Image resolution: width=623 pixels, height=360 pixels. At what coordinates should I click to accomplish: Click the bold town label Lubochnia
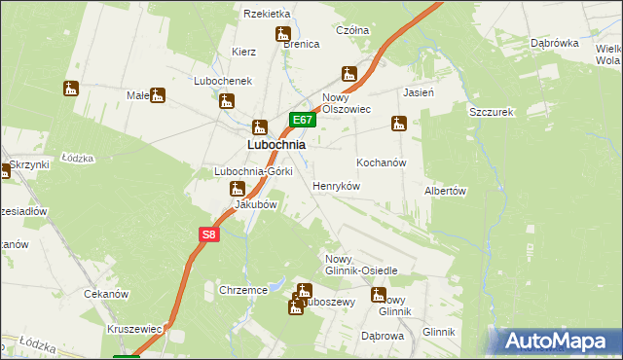tap(275, 144)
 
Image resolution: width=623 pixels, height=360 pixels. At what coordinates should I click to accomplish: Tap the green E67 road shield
tap(302, 121)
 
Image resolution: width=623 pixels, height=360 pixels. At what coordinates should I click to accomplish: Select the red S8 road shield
tap(209, 234)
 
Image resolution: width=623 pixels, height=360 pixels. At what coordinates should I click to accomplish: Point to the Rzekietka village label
tap(268, 14)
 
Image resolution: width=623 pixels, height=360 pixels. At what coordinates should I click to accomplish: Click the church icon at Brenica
tap(286, 36)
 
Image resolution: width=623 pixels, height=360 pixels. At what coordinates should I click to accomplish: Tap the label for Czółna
tap(352, 30)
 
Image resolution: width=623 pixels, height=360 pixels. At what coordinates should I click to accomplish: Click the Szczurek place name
tap(491, 112)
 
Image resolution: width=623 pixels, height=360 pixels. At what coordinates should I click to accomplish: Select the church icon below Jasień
tap(398, 124)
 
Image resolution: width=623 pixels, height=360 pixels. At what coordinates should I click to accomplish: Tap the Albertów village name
tap(446, 192)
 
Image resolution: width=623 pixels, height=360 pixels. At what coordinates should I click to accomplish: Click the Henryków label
tap(337, 185)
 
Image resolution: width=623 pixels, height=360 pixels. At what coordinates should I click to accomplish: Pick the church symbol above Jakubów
tap(235, 189)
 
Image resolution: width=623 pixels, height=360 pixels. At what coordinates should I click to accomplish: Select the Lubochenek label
tap(223, 81)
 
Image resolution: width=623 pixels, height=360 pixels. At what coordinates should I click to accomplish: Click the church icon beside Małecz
tap(158, 95)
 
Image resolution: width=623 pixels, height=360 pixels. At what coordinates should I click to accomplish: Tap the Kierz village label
tap(243, 52)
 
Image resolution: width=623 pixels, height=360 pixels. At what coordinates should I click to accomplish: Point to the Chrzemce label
tap(243, 290)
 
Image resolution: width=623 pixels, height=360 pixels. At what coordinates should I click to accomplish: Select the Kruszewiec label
tap(135, 329)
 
